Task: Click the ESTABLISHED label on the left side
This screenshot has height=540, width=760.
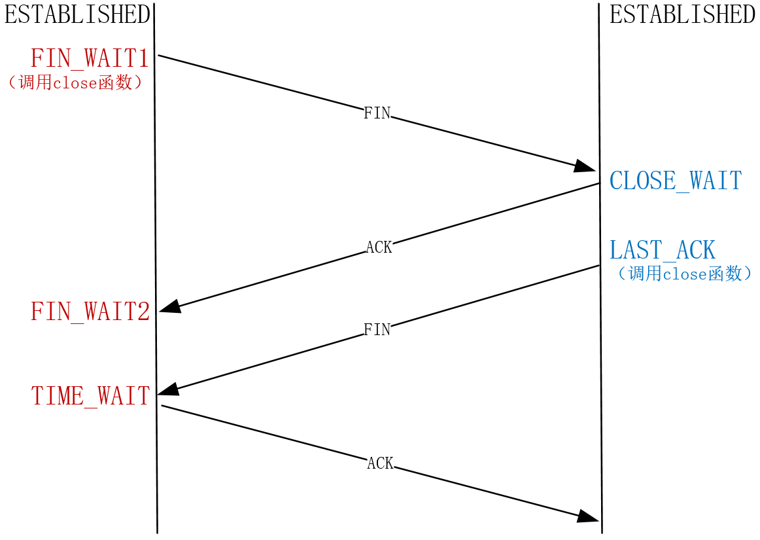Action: pyautogui.click(x=77, y=14)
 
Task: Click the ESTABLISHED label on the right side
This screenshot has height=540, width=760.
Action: pyautogui.click(x=682, y=14)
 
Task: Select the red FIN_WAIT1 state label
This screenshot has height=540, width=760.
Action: pyautogui.click(x=90, y=58)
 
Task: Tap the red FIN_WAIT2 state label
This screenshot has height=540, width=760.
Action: pyautogui.click(x=90, y=312)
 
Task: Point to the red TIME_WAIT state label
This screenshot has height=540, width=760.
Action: pyautogui.click(x=90, y=396)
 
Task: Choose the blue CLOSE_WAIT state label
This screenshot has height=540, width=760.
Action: pyautogui.click(x=676, y=181)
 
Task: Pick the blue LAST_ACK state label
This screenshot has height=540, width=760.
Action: pyautogui.click(x=663, y=250)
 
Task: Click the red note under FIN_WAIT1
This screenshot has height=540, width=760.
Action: pyautogui.click(x=74, y=84)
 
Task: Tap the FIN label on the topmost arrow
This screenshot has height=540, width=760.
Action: pyautogui.click(x=377, y=113)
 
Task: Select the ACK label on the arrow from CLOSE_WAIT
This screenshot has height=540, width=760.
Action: pyautogui.click(x=379, y=247)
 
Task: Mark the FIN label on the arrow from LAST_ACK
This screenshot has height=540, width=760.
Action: pyautogui.click(x=377, y=329)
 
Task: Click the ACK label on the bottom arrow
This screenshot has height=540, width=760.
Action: pyautogui.click(x=380, y=463)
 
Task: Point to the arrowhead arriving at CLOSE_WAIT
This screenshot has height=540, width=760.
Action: pyautogui.click(x=585, y=167)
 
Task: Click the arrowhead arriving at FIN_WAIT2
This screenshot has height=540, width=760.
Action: pyautogui.click(x=169, y=307)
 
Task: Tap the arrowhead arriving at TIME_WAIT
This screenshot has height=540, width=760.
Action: pyautogui.click(x=169, y=389)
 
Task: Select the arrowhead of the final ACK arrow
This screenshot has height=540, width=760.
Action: pyautogui.click(x=588, y=517)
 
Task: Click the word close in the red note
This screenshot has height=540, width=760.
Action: pyautogui.click(x=75, y=84)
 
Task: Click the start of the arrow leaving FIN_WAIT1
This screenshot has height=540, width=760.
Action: pyautogui.click(x=160, y=56)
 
